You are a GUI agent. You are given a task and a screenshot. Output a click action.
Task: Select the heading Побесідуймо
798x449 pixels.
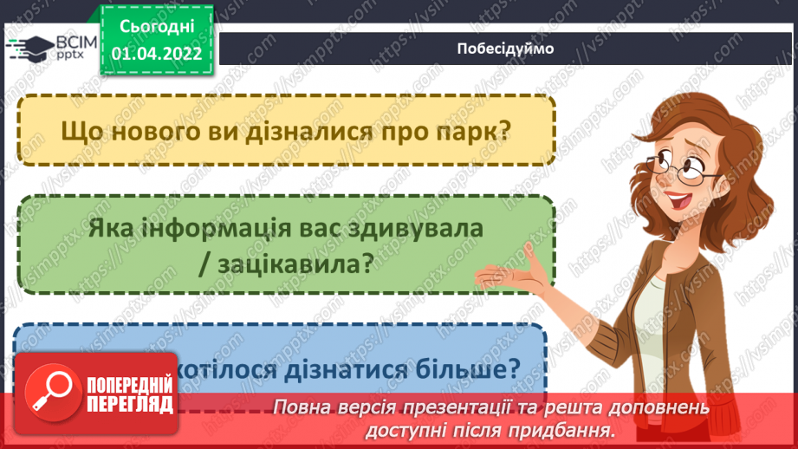(505, 49)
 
